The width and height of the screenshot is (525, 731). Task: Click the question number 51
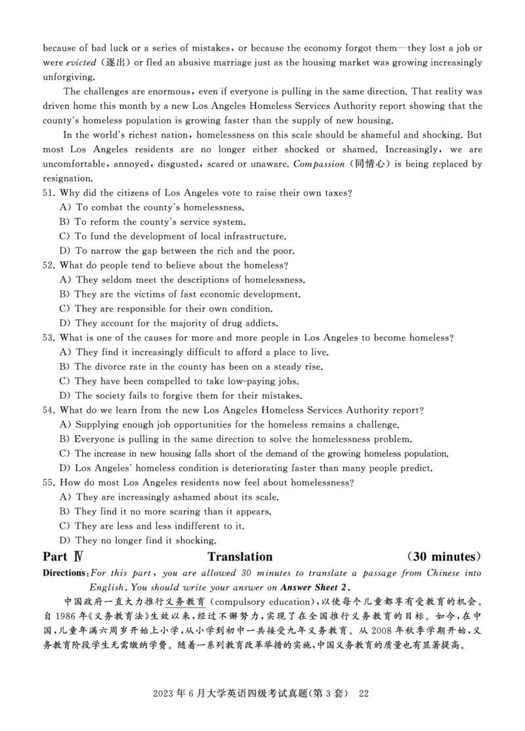tap(49, 193)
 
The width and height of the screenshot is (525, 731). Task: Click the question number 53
tap(49, 337)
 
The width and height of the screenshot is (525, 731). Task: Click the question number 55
tap(49, 482)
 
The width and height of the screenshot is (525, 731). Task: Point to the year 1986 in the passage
tap(65, 617)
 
